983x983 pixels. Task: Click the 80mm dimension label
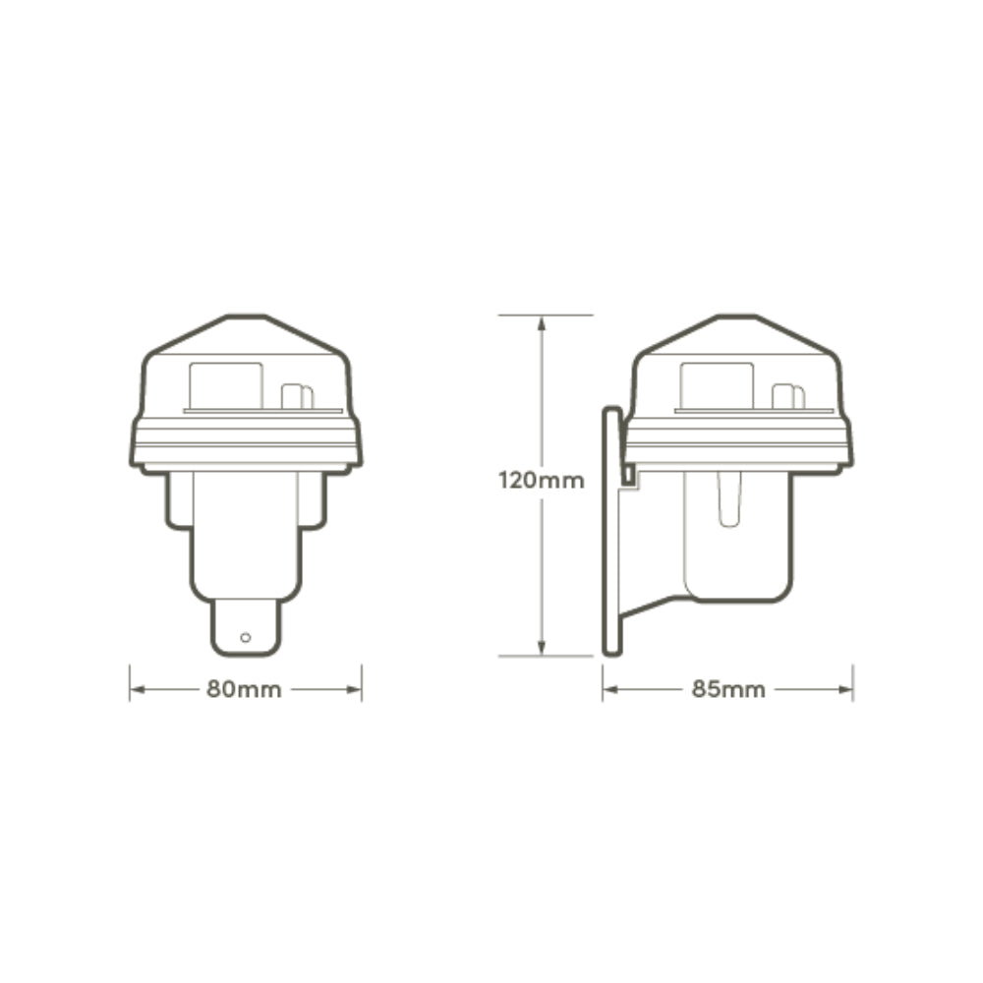pos(244,689)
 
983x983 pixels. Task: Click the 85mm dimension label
pos(728,689)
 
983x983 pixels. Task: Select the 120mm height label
pos(542,481)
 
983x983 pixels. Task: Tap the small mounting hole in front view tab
pos(246,638)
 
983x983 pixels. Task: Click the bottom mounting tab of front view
pos(246,628)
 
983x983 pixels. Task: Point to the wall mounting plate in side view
pos(611,531)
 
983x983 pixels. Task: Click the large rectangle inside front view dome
pos(225,385)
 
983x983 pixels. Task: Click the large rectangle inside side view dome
pos(717,385)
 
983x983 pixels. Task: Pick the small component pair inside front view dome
pos(297,397)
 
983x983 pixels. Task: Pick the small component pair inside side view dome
pos(788,397)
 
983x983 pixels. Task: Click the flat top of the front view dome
pos(246,318)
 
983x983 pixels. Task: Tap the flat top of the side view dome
pos(737,318)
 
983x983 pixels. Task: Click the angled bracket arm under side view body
pos(654,602)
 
